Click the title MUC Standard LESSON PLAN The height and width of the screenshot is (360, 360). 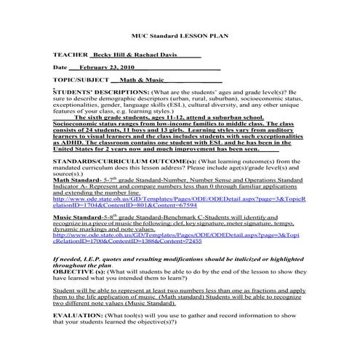point(180,35)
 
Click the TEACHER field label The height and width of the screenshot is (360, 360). point(70,55)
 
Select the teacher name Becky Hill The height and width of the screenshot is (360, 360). point(106,55)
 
